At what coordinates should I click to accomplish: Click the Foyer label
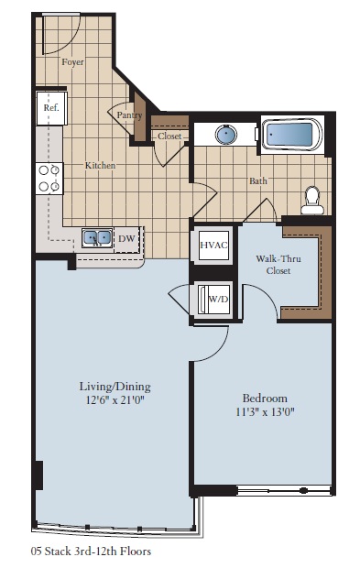coord(72,63)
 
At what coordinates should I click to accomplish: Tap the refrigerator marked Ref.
coord(49,107)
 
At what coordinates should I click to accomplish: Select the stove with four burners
coord(49,178)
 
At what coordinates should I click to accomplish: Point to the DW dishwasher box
coord(126,239)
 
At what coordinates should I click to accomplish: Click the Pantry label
coord(127,115)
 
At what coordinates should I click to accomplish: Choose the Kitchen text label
coord(100,166)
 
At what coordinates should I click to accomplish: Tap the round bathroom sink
coord(225,135)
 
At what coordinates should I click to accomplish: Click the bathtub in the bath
coord(291,135)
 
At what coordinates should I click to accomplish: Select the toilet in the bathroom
coord(311,199)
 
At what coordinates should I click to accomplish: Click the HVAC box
coord(213,246)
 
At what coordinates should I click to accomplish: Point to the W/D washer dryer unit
coord(217,299)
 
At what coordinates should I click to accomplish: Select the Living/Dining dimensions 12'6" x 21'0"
coord(114,399)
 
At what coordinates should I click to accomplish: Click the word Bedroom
coord(264,398)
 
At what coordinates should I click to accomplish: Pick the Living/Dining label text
coord(114,386)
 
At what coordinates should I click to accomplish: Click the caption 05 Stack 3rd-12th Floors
coord(91,552)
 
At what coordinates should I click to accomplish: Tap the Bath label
coord(258,181)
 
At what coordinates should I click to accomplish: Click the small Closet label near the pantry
coord(169,137)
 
